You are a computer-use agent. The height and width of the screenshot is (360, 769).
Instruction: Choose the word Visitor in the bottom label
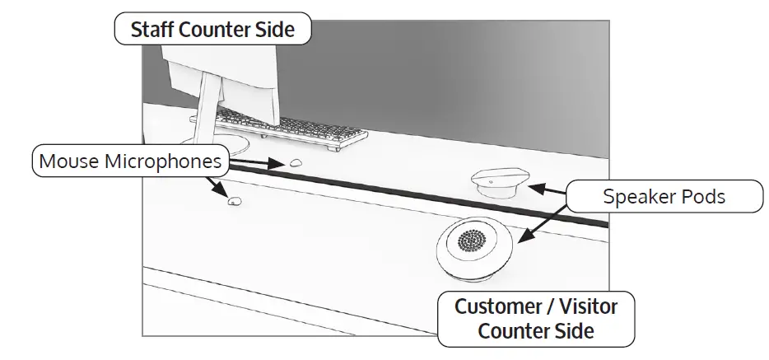(x=585, y=308)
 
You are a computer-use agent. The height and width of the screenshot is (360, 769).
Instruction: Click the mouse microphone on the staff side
(x=294, y=163)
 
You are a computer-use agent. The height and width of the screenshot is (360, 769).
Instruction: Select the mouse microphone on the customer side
(x=235, y=200)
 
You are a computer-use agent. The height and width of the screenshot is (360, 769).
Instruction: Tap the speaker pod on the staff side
(x=497, y=181)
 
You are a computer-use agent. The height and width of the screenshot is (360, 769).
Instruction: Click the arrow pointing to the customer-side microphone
(x=221, y=188)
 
